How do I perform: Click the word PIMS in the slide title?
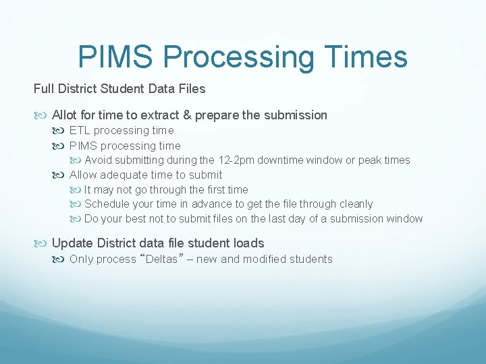coord(116,57)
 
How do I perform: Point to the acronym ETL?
coord(80,131)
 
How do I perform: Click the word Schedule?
coord(107,204)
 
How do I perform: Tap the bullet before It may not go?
coord(78,190)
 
